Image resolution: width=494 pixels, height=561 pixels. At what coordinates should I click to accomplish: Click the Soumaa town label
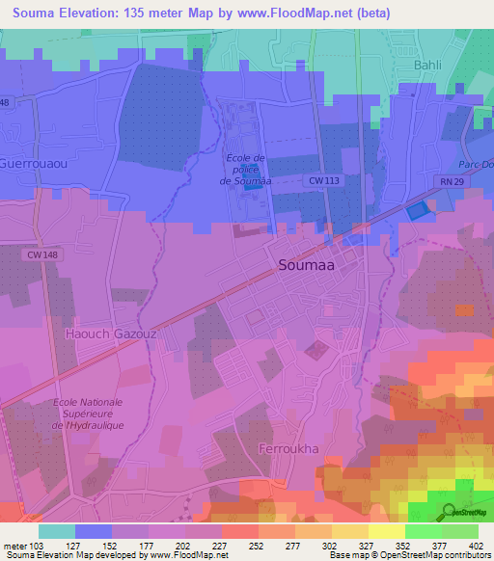(308, 264)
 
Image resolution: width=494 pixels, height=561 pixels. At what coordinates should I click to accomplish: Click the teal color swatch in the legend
(57, 531)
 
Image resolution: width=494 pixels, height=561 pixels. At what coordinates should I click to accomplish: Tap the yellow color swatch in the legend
(386, 531)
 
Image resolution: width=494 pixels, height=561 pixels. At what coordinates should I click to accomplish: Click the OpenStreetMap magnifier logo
(450, 512)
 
